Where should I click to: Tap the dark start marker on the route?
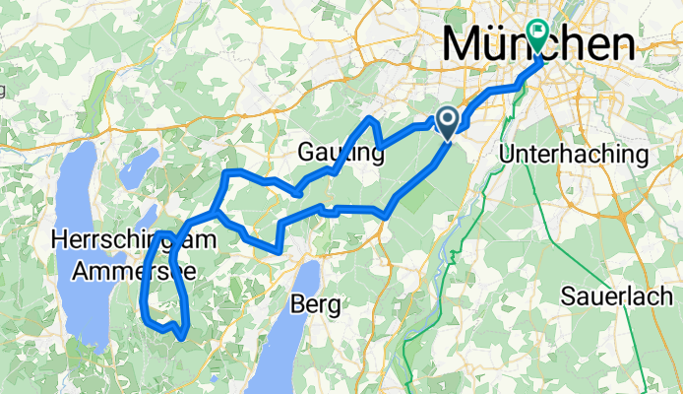click(446, 121)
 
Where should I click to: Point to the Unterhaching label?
click(574, 155)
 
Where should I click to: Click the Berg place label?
click(316, 305)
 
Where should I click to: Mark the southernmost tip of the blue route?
click(184, 338)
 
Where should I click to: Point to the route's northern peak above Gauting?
click(370, 118)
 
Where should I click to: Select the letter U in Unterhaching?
click(508, 155)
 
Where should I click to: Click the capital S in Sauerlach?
click(568, 295)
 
